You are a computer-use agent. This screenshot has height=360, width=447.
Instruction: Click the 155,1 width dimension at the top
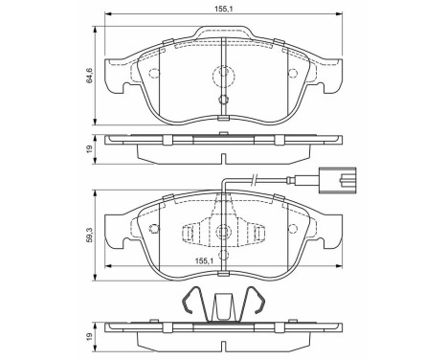tap(222, 10)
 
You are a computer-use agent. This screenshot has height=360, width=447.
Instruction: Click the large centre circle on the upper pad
tap(222, 73)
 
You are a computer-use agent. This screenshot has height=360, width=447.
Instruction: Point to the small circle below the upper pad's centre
tap(222, 100)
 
